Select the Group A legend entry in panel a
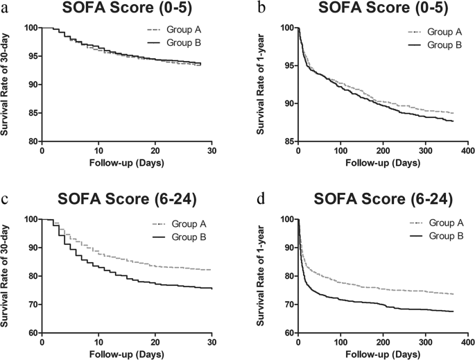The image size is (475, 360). [182, 31]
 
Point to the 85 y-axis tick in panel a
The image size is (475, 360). [31, 113]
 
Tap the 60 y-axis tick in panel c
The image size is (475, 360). [31, 333]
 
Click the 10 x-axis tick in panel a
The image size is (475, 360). [98, 151]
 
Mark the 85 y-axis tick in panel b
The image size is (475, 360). [288, 142]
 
